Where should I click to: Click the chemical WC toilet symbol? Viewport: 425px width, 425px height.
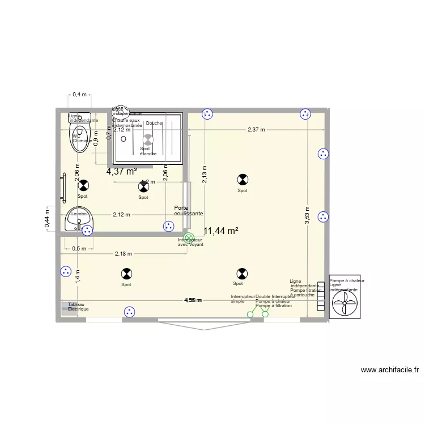[79, 138]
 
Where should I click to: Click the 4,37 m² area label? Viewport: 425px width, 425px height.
[122, 171]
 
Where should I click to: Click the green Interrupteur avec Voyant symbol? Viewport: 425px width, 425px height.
[189, 238]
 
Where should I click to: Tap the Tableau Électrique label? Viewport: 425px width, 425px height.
[78, 307]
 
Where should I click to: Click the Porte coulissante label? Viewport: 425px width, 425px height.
[185, 210]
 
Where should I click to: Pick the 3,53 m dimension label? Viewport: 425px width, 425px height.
[307, 214]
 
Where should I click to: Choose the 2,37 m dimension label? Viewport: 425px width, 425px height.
[256, 130]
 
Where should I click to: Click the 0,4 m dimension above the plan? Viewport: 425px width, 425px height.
[79, 95]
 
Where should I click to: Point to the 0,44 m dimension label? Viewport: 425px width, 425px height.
[47, 216]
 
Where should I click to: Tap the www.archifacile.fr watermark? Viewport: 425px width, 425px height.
[390, 371]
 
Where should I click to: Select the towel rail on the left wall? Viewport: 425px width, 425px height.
[62, 188]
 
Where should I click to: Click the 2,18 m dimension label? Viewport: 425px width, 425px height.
[123, 253]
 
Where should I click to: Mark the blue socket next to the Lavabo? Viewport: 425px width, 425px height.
[87, 231]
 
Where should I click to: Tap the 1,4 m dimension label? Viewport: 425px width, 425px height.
[78, 276]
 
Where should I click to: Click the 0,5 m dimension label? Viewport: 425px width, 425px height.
[79, 248]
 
